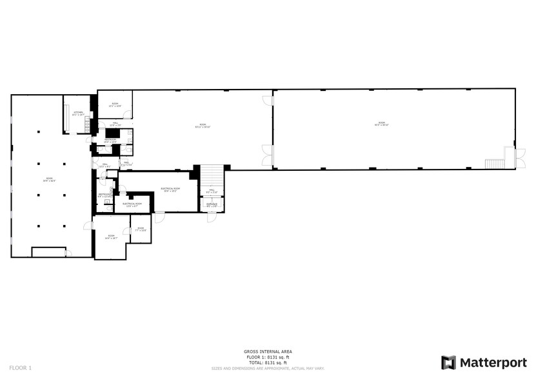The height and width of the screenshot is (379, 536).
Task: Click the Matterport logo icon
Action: (448, 362)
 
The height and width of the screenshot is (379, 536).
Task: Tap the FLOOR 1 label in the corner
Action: (20, 367)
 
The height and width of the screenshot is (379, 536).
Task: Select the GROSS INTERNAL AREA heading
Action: (268, 351)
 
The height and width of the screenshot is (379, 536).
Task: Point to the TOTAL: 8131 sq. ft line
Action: (268, 364)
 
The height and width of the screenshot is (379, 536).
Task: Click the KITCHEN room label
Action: (78, 113)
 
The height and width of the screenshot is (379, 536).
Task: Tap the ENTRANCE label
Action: (212, 205)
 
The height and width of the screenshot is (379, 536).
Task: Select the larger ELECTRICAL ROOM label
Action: (170, 189)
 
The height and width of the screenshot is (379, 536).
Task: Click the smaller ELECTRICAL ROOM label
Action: (132, 205)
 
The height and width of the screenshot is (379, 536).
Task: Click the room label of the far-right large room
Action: (381, 124)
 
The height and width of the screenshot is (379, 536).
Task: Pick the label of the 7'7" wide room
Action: (140, 229)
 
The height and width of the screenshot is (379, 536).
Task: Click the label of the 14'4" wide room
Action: (111, 237)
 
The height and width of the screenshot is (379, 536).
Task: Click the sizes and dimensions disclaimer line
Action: (268, 369)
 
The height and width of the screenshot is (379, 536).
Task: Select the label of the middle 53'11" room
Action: (202, 126)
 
